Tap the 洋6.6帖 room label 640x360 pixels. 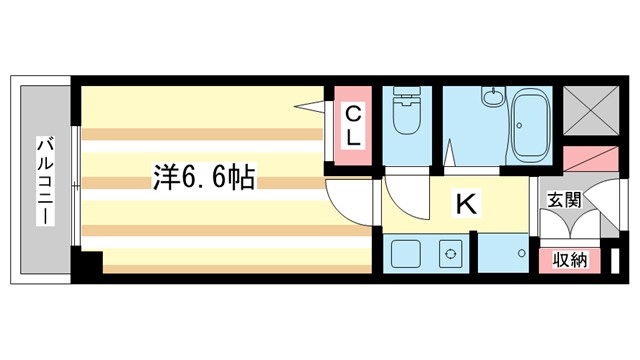[204, 178]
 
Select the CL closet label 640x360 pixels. [353, 126]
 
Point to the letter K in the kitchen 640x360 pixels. [466, 205]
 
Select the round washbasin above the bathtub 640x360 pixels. [492, 98]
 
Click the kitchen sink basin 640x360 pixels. [406, 253]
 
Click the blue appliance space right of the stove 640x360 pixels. [502, 256]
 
